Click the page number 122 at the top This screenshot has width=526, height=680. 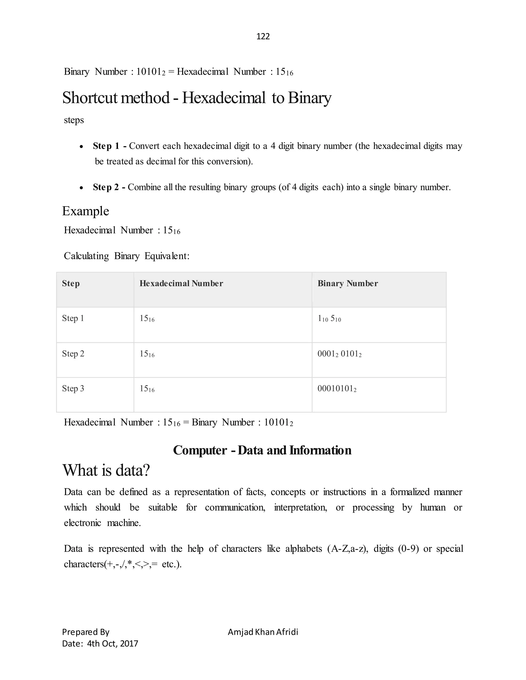tap(263, 36)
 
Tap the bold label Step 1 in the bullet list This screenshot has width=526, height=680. tap(106, 146)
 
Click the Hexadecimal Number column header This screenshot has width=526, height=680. tap(181, 283)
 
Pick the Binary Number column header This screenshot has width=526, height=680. tap(347, 283)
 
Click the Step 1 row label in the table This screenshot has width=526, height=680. tap(73, 318)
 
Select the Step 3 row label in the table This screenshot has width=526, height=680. tap(73, 388)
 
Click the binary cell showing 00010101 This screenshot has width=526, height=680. tap(336, 388)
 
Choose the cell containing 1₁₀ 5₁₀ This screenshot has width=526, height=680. tap(329, 318)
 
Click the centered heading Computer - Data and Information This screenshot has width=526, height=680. tap(262, 450)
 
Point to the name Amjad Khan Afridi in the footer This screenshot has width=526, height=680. tap(263, 632)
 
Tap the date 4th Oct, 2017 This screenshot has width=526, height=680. tap(112, 644)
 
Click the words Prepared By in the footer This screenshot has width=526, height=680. tap(86, 632)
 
